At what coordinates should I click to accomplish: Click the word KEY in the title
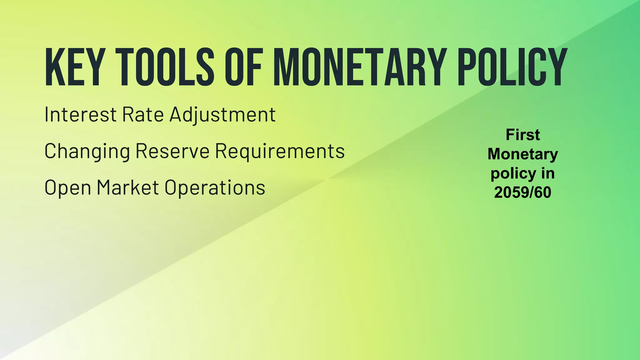74,67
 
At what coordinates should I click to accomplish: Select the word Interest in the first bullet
81,114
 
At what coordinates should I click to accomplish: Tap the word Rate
142,114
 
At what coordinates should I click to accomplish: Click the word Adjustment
222,115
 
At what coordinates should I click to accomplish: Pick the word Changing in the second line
87,152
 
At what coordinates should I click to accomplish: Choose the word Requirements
280,152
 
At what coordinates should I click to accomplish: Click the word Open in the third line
68,188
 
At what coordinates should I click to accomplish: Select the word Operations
215,188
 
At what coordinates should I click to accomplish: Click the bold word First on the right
523,135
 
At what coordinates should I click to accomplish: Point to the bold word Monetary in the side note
523,154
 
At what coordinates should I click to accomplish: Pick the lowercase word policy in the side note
509,174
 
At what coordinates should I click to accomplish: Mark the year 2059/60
523,192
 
